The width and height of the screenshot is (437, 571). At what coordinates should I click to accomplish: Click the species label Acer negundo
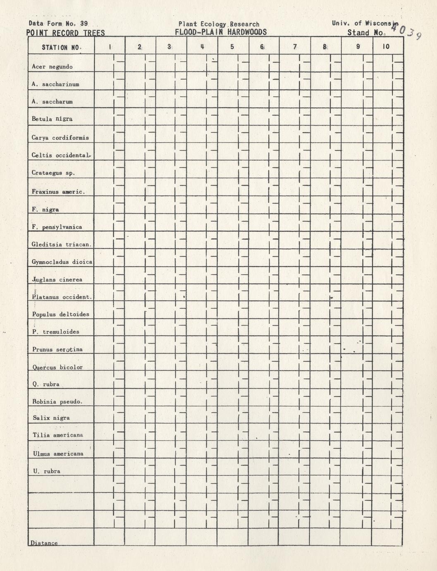pos(52,67)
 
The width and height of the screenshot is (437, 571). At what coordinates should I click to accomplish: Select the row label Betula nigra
pos(52,119)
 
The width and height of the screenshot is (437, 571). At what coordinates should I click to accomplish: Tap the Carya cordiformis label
pos(60,137)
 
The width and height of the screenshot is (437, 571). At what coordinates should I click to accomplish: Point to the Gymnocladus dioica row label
pos(62,262)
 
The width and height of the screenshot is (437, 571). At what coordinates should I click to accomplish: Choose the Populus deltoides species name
pos(61,314)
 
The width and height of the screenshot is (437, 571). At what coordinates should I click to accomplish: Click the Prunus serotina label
pos(57,349)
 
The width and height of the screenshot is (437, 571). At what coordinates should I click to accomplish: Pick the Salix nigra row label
pos(51,418)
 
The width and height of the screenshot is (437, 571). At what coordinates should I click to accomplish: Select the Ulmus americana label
pos(58,453)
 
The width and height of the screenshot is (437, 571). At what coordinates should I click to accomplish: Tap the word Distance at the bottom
pos(44,543)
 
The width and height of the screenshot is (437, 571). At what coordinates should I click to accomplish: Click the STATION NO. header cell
pos(61,47)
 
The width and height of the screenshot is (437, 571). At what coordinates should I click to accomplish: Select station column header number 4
pos(202,47)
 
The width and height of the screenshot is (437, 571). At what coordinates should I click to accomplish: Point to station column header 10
pos(386,47)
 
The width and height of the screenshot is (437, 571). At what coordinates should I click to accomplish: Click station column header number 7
pos(295,47)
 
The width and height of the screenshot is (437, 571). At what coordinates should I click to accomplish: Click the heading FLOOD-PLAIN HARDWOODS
pos(221,32)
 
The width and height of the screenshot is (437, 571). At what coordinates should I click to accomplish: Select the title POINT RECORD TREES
pos(66,33)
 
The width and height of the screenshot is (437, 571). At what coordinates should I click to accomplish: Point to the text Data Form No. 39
pos(58,24)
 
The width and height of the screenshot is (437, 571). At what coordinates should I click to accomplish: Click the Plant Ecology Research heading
pos(219,24)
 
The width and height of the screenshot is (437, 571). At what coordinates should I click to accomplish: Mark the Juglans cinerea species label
pos(57,279)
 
